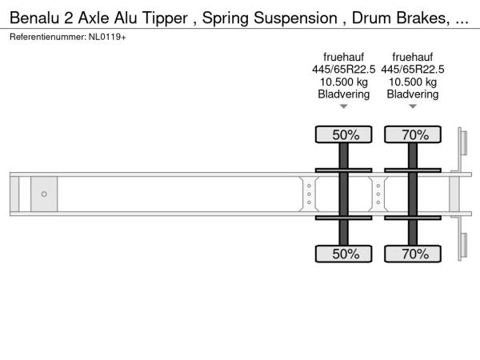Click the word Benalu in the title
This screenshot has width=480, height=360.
34,18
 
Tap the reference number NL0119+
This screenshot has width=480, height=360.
107,37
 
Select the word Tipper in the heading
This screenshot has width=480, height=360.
165,18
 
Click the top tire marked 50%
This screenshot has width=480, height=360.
344,134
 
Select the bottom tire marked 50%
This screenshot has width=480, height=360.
344,254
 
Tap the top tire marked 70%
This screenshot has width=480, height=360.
413,134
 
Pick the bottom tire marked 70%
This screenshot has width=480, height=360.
413,254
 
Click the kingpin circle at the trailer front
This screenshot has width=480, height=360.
44,194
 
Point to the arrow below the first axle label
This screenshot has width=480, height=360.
344,106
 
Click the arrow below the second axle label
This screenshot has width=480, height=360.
413,106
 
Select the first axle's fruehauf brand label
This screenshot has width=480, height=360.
344,57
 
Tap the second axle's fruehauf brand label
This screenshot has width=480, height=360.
413,57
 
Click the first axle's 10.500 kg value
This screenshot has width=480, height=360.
344,82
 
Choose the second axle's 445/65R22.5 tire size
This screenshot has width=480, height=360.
413,70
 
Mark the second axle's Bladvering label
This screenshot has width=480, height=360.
413,94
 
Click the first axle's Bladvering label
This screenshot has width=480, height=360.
344,94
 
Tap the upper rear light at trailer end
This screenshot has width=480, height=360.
464,143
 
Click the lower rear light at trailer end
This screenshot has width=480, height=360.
464,246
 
